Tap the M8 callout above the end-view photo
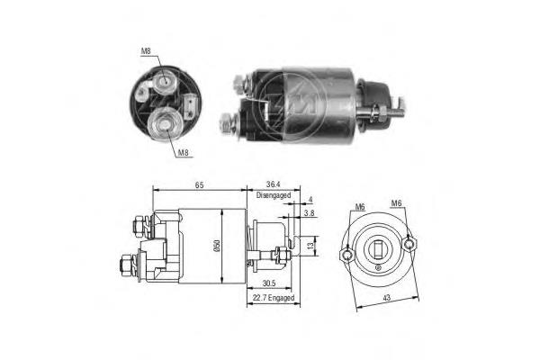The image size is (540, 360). tap(146, 51)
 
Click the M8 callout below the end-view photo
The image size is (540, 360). tap(183, 153)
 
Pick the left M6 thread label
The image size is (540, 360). tap(359, 206)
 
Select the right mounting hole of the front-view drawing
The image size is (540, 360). tap(409, 242)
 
